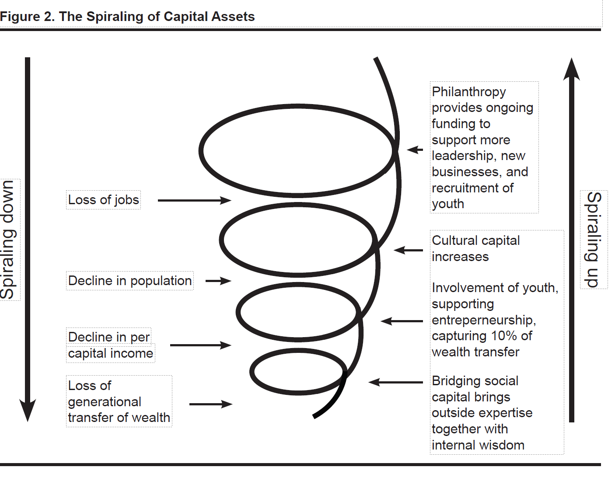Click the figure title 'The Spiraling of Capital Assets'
coord(157,17)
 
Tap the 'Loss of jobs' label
coord(104,200)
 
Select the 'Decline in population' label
coord(130,281)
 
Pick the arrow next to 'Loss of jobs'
coord(195,200)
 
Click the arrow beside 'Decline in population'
coord(219,281)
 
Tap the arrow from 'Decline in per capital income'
coord(201,345)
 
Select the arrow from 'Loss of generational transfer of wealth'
coord(211,404)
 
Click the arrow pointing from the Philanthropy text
coord(415,150)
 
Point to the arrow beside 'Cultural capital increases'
coord(408,250)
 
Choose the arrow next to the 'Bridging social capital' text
coord(396,382)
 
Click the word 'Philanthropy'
coord(468,92)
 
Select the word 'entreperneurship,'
coord(484,320)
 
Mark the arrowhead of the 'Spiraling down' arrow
coord(28,410)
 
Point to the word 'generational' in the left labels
coord(105,402)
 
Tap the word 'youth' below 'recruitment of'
coord(448,204)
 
